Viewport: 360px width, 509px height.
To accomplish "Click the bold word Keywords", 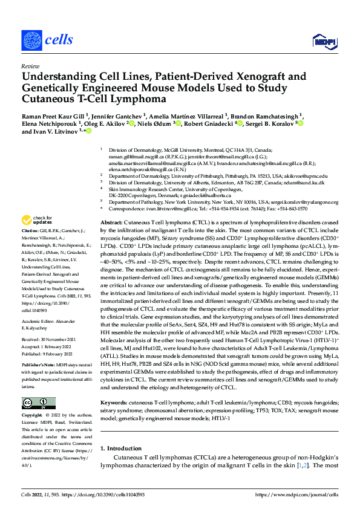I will tap(114, 384).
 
